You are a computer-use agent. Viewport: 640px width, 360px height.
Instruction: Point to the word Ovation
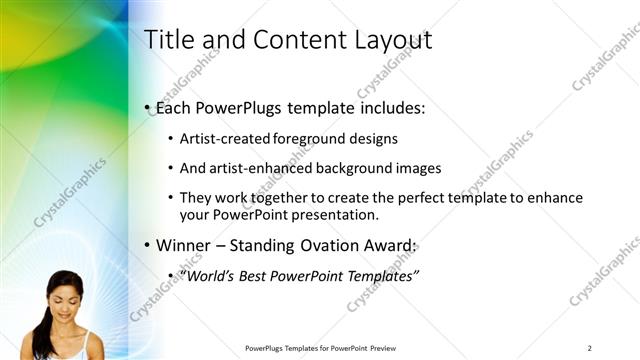(324, 245)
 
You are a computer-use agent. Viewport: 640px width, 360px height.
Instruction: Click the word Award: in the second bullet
(388, 245)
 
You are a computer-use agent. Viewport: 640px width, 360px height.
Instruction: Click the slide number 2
(590, 348)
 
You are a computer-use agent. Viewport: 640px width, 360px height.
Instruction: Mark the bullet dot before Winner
(147, 246)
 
